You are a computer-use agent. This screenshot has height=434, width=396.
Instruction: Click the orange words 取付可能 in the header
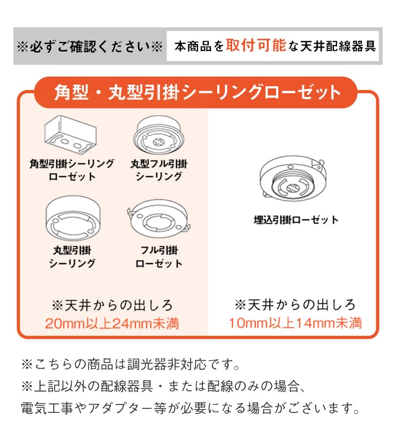[x=256, y=46]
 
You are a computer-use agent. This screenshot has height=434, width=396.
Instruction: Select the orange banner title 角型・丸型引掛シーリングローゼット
[x=197, y=92]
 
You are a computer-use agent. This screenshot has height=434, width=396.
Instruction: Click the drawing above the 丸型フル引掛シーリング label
[x=158, y=136]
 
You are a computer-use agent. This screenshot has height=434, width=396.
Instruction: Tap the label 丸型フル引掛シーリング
[x=158, y=170]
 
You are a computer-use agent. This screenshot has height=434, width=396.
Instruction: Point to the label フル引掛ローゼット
[x=158, y=257]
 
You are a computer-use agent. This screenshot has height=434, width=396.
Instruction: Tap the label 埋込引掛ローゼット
[x=296, y=220]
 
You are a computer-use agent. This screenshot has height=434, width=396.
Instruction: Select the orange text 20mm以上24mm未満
[x=112, y=324]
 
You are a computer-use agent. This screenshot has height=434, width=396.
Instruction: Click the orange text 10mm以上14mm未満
[x=295, y=323]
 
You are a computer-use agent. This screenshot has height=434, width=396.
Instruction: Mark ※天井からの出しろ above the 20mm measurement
[x=112, y=305]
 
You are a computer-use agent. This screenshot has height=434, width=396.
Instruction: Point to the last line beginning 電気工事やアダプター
[x=191, y=409]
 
